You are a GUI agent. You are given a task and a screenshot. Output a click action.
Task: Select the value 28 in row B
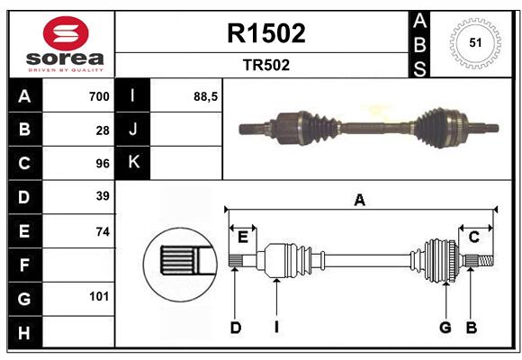(x=103, y=130)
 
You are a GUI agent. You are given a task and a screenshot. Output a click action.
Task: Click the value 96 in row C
(x=103, y=164)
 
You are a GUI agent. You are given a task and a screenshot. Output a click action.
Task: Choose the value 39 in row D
(x=103, y=196)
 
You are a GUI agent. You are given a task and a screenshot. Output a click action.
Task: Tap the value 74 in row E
(x=103, y=231)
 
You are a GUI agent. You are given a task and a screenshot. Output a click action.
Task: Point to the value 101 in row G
(x=99, y=296)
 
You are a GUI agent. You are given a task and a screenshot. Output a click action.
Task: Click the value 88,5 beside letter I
(x=206, y=96)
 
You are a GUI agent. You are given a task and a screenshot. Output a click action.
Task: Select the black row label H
(x=24, y=333)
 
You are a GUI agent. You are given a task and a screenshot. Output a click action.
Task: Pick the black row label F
(x=24, y=265)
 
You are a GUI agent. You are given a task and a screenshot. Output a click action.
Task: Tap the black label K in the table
(x=133, y=163)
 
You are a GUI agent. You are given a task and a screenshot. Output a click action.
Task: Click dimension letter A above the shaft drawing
(x=360, y=200)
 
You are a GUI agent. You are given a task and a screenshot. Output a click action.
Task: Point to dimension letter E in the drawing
(x=243, y=237)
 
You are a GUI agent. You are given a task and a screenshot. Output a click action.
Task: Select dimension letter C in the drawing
(x=473, y=237)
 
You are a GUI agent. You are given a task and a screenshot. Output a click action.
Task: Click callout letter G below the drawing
(x=445, y=328)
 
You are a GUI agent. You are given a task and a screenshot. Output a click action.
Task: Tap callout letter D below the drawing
(x=235, y=328)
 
